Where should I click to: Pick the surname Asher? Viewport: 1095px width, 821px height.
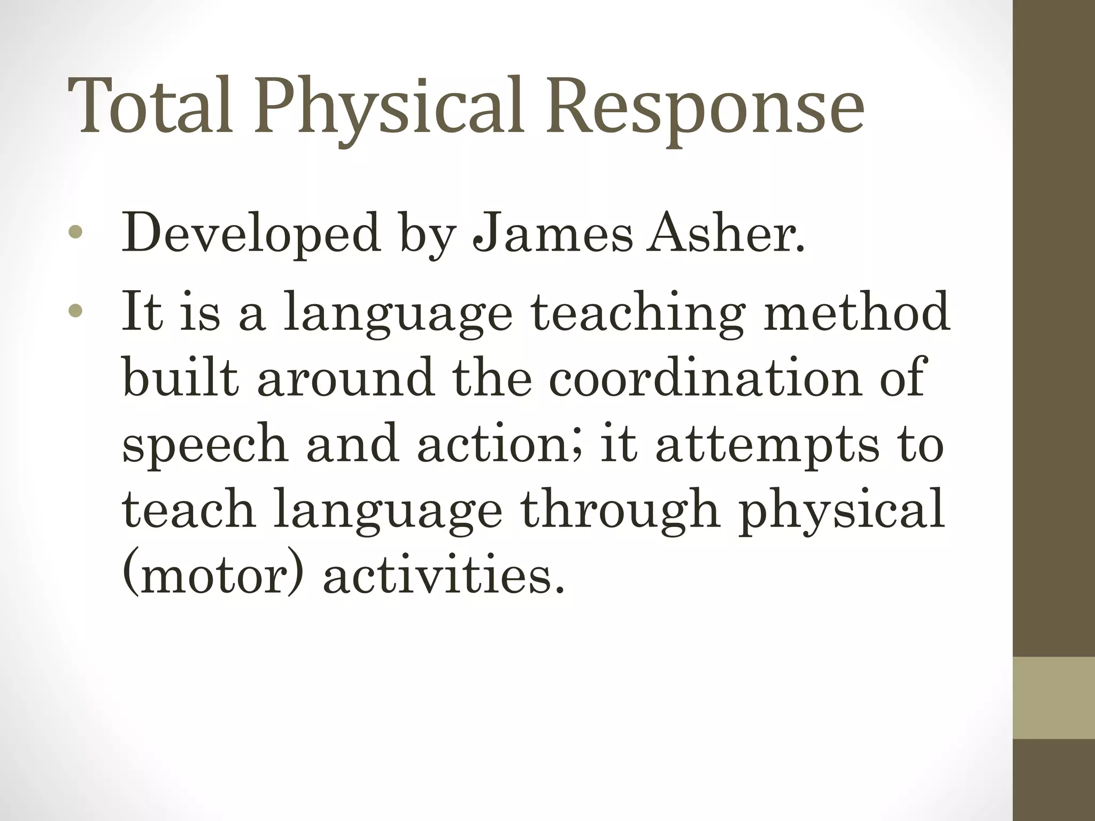tap(725, 233)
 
